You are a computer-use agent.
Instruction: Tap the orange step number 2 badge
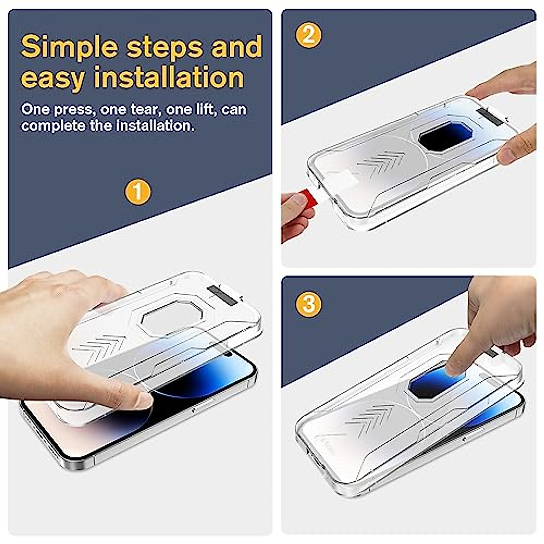pyautogui.click(x=309, y=34)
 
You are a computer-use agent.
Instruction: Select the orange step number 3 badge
pyautogui.click(x=309, y=303)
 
